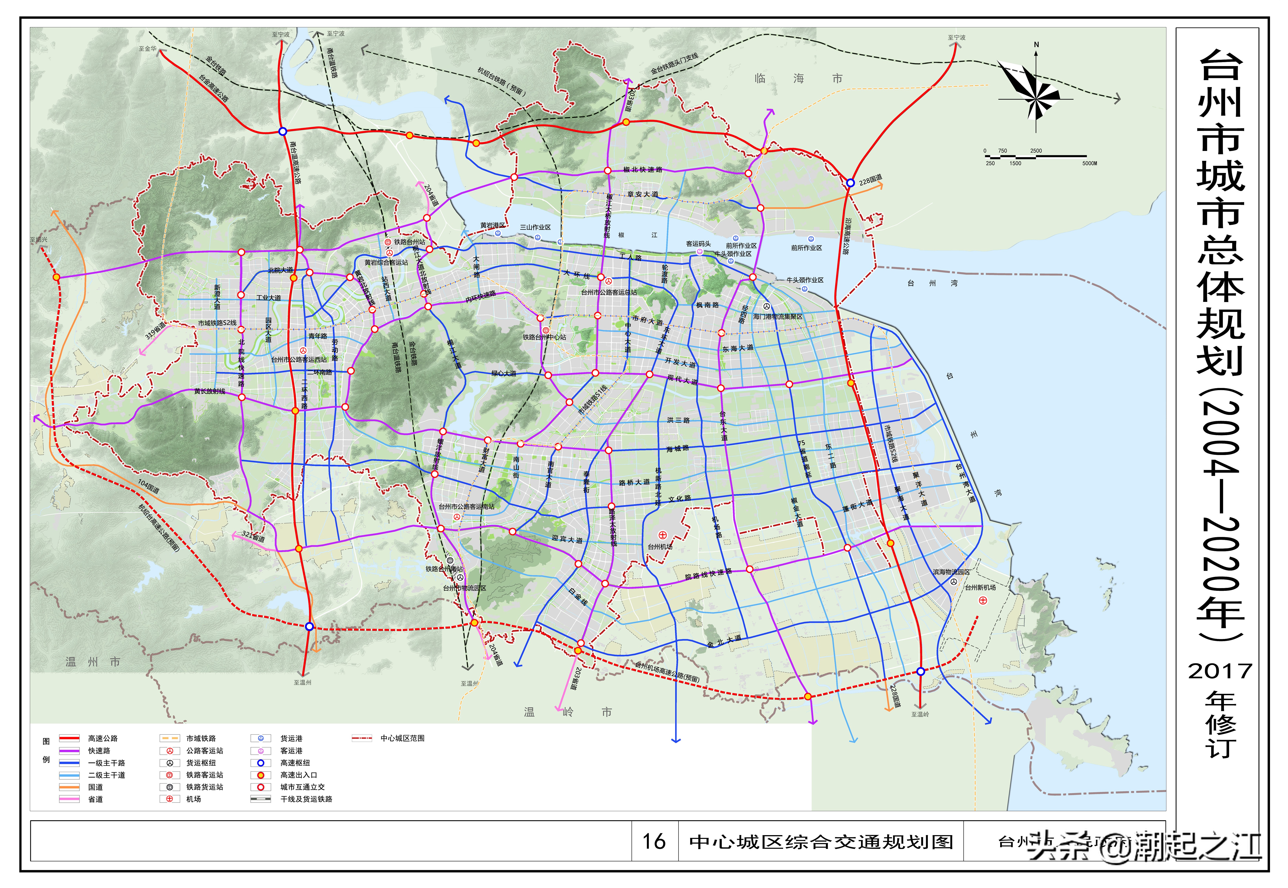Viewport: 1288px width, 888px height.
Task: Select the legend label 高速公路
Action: (103, 738)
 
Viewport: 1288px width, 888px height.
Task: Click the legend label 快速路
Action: (99, 751)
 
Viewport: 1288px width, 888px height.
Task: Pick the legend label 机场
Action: (194, 799)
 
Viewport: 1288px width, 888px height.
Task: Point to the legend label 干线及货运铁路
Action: (306, 799)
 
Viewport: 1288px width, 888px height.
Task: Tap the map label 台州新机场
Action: (980, 587)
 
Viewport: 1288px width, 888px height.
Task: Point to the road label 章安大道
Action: (642, 194)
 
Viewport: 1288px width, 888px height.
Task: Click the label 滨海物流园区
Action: (951, 572)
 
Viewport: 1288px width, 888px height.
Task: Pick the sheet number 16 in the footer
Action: (654, 841)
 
